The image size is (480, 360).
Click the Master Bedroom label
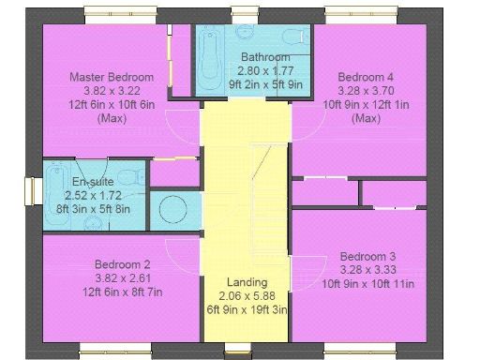112,76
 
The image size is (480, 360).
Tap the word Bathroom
252,56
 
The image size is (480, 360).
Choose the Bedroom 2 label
123,264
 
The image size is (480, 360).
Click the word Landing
247,282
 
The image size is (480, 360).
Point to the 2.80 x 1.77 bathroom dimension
252,69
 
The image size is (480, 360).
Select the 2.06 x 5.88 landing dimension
247,295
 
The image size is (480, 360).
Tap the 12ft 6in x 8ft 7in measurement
123,292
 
